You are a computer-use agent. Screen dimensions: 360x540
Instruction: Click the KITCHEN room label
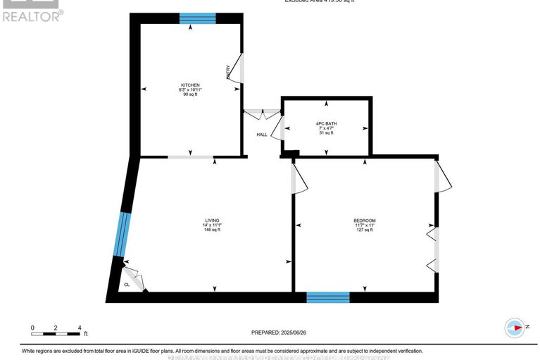tap(190, 85)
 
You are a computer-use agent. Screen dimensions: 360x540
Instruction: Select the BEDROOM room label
tap(364, 221)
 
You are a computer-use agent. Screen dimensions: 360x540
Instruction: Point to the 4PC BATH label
tap(325, 124)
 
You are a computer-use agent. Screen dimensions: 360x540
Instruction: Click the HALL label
tap(261, 135)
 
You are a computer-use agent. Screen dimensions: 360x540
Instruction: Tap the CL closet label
tap(127, 285)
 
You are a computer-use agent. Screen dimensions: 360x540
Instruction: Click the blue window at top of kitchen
tap(197, 18)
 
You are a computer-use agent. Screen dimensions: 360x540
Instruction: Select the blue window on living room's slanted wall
tap(123, 235)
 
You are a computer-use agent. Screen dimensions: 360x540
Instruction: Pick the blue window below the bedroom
tap(328, 297)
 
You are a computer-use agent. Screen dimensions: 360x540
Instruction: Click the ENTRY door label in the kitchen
tap(229, 73)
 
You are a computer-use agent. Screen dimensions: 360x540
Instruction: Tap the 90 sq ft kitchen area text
tap(190, 94)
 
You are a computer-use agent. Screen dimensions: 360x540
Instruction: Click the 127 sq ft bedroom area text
tap(364, 230)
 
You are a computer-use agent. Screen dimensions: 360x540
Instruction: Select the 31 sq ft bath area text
tap(325, 133)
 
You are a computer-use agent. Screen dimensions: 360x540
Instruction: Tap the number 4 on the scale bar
tap(80, 328)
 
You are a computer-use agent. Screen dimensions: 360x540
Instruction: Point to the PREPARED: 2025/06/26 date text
tap(280, 333)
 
